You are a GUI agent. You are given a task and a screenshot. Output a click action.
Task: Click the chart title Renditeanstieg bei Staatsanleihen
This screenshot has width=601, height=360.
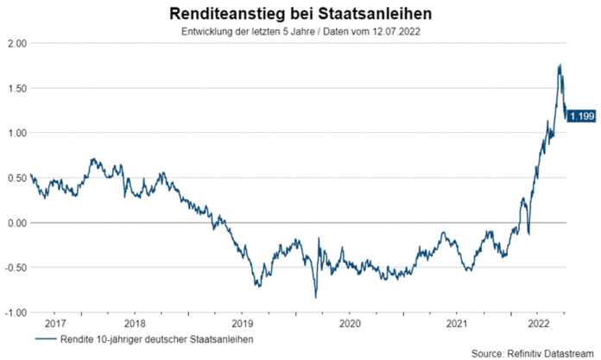tap(301, 15)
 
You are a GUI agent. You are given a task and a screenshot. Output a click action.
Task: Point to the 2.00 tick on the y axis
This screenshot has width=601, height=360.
tap(16, 43)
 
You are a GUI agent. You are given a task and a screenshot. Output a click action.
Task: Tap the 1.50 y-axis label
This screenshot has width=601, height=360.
tap(16, 88)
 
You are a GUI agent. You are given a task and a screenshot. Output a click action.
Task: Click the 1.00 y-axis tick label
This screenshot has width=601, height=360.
tap(16, 133)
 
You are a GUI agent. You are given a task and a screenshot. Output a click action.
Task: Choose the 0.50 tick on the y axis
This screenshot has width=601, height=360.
tap(16, 178)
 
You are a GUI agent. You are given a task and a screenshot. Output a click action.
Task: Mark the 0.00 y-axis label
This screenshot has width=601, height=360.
tap(16, 223)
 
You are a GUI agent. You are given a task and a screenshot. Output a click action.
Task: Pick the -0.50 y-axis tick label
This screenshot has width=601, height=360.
tap(15, 268)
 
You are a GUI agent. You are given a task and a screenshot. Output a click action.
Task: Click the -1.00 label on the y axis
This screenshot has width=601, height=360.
tap(15, 312)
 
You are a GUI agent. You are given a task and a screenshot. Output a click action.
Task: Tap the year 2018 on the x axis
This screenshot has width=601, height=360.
tap(134, 323)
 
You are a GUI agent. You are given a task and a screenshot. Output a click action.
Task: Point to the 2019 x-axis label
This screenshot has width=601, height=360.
tap(242, 323)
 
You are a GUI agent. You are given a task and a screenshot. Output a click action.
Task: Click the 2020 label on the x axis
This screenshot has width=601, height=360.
tap(349, 323)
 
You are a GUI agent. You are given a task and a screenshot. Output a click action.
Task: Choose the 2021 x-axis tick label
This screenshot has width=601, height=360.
tap(456, 323)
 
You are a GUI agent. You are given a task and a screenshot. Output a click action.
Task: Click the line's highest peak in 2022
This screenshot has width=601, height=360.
tap(560, 65)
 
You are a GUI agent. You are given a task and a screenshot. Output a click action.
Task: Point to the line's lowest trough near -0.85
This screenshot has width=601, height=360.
tap(315, 298)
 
